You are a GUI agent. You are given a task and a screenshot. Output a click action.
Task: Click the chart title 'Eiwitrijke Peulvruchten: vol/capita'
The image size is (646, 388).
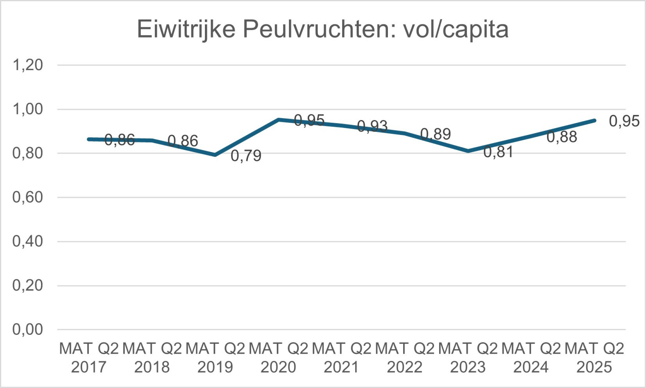(x=322, y=29)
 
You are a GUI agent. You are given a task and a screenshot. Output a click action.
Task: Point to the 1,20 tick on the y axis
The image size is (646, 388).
(x=28, y=65)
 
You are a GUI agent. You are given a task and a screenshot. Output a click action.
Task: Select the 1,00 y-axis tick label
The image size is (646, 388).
(x=28, y=109)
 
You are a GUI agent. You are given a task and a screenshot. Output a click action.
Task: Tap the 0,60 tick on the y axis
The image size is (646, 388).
(x=28, y=197)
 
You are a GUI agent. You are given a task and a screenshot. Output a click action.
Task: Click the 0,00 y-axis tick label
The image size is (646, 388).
(x=28, y=329)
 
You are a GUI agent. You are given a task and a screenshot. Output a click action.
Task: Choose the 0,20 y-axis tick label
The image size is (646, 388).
(x=28, y=286)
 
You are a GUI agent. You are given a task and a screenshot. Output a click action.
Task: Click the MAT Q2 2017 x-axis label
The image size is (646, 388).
(x=89, y=358)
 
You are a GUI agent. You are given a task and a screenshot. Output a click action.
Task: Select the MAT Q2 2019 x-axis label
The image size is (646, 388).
(x=215, y=358)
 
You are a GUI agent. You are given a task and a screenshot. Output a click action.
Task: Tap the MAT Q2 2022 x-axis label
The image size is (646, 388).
(x=405, y=358)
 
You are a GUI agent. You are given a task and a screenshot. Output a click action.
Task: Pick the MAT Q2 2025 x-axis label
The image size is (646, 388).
(x=594, y=358)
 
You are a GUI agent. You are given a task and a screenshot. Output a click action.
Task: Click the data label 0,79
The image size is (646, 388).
(x=246, y=156)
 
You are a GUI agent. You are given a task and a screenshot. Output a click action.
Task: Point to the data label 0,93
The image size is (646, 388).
(x=372, y=126)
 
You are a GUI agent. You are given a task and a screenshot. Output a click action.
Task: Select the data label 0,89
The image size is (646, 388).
(x=436, y=134)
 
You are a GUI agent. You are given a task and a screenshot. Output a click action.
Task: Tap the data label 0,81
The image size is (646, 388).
(x=498, y=152)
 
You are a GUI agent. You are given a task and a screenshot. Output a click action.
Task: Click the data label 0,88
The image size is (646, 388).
(x=562, y=137)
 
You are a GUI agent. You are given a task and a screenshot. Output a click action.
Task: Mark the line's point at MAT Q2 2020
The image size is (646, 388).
(x=278, y=120)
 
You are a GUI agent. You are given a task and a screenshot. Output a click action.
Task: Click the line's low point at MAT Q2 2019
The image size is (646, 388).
(x=215, y=155)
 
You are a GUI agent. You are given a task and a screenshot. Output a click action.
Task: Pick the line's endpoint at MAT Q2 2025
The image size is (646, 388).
(x=594, y=120)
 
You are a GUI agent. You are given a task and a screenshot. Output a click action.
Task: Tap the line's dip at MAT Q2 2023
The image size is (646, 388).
(x=468, y=151)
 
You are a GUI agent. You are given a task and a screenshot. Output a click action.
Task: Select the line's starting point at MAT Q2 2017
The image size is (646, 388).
(x=89, y=139)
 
